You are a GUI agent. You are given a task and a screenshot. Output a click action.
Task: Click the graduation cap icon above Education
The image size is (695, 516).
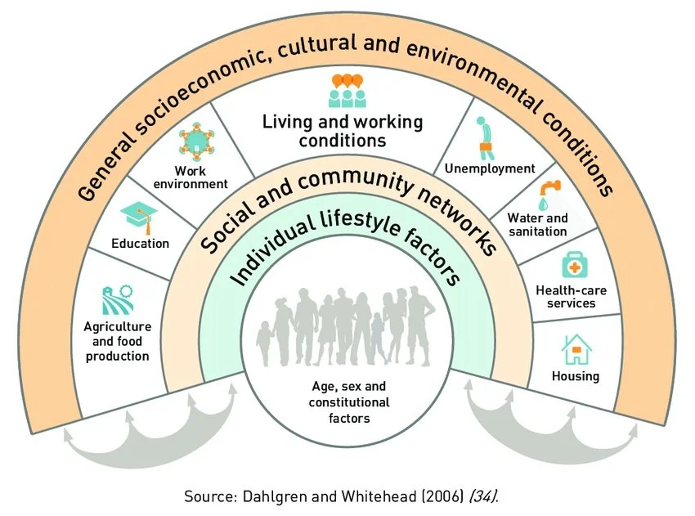click(x=139, y=215)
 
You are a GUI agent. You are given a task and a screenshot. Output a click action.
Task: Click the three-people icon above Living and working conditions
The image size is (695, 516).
click(x=345, y=91)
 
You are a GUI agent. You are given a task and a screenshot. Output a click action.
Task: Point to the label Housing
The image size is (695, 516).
click(x=575, y=376)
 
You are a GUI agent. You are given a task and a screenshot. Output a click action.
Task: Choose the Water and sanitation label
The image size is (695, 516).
click(x=537, y=225)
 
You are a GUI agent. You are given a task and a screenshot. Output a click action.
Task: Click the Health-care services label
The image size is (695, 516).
click(x=566, y=296)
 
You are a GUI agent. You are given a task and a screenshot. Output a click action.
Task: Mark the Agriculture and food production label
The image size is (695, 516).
click(x=117, y=341)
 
